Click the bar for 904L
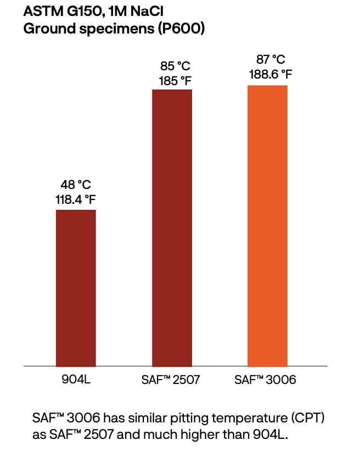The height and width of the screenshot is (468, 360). tap(76, 288)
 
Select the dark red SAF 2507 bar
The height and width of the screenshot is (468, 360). tap(172, 227)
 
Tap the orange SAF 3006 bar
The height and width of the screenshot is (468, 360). tap(267, 226)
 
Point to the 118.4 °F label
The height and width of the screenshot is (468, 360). tap(76, 199)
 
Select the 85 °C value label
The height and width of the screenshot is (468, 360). tap(172, 66)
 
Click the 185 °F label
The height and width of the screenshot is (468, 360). tap(172, 80)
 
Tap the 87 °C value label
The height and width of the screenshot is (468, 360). tap(267, 60)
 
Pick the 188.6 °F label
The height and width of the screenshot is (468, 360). tap(267, 74)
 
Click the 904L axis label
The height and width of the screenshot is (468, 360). tap(76, 380)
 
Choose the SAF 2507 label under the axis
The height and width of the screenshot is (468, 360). tap(172, 380)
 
